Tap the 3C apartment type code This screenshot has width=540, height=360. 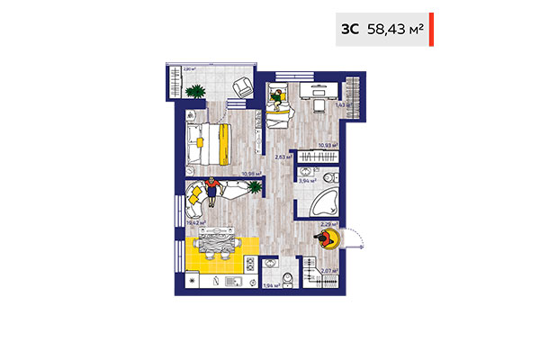(349, 29)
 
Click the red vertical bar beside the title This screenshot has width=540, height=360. (431, 29)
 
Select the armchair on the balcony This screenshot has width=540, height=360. (242, 87)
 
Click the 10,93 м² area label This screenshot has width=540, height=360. (328, 145)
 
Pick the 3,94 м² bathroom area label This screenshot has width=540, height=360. (306, 180)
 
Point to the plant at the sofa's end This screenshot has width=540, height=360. (256, 186)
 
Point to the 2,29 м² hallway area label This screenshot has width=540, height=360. (329, 224)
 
